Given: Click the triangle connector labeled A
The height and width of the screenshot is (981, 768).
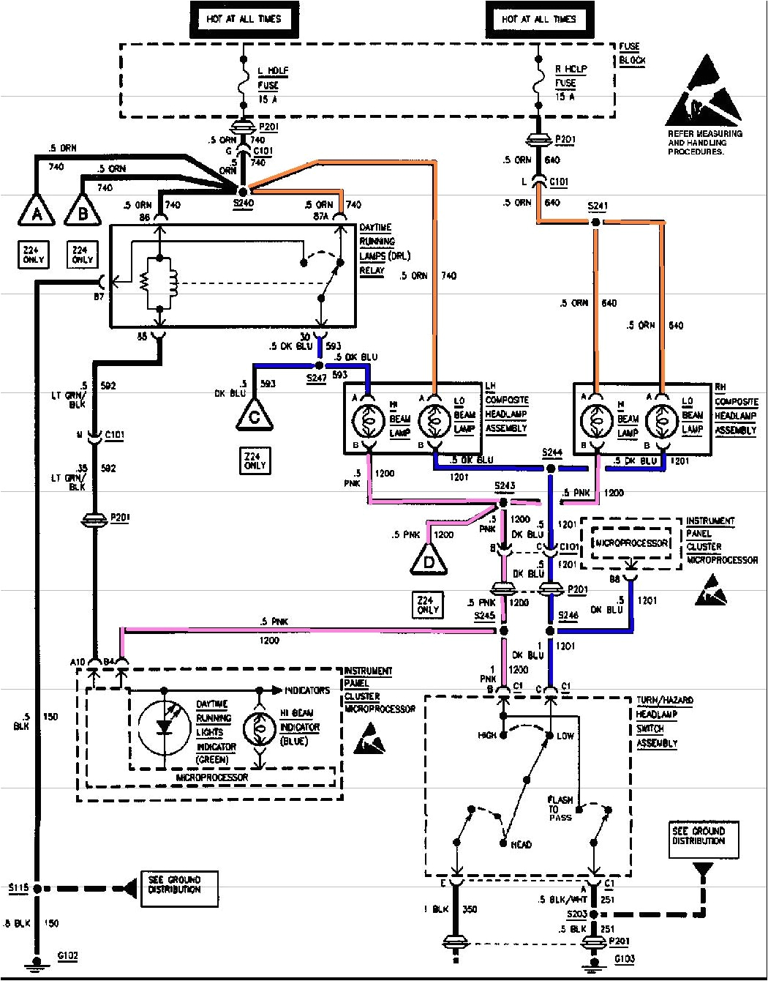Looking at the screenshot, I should [x=34, y=212].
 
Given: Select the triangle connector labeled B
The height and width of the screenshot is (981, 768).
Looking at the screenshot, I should [x=83, y=212].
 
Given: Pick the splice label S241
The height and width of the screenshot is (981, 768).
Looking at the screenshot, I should [x=597, y=206].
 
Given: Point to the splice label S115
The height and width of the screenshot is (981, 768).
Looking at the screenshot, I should [x=18, y=888].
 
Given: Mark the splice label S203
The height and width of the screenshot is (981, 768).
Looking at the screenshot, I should [x=578, y=915].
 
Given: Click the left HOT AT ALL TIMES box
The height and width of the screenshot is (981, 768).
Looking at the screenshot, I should [x=244, y=19].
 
